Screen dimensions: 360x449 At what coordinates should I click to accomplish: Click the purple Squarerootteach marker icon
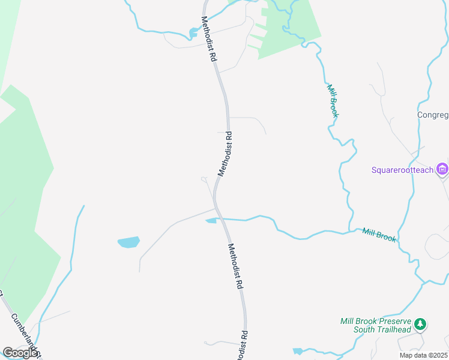pos(443,170)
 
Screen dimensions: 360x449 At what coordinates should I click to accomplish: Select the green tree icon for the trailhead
pos(421,325)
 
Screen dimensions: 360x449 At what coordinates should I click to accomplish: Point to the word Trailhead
pos(393,330)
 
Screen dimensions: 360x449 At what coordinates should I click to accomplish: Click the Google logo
pos(20,353)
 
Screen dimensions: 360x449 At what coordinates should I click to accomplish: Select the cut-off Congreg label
pos(433,115)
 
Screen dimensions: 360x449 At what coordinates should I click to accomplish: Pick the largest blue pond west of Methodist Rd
pos(128,242)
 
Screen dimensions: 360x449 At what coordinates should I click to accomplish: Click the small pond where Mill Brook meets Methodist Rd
pos(211,221)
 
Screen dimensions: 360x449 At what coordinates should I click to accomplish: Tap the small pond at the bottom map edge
pos(298,351)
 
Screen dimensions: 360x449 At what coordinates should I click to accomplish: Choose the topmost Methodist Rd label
pos(209,40)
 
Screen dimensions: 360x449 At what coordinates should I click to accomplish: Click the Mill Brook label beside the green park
pos(333,100)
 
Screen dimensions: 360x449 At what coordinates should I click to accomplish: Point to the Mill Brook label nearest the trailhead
pos(379,234)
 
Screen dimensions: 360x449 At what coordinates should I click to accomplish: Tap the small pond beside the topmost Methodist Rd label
pos(194,32)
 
